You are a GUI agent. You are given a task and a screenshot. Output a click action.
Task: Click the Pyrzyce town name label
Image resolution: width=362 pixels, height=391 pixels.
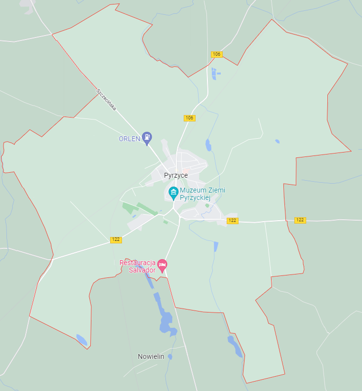(x=176, y=175)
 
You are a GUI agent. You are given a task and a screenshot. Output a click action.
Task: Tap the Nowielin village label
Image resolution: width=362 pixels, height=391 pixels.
(x=151, y=356)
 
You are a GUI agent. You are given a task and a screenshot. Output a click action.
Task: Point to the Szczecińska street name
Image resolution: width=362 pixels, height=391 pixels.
(x=106, y=99)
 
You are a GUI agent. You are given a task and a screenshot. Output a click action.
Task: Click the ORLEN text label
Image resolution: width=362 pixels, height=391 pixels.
(x=129, y=139)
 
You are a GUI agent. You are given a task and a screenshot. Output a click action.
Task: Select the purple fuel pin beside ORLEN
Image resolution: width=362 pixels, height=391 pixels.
(x=147, y=138)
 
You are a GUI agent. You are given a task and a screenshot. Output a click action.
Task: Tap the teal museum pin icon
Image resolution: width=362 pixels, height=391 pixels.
(x=173, y=193)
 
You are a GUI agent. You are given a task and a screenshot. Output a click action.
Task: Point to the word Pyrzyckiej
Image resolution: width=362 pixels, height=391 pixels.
(x=196, y=197)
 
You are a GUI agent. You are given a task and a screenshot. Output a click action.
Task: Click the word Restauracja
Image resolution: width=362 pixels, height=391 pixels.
(x=137, y=263)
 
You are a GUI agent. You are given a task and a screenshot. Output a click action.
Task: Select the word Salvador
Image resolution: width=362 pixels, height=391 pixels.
(x=142, y=270)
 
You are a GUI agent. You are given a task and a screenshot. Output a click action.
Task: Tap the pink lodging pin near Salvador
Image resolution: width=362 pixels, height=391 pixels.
(x=162, y=266)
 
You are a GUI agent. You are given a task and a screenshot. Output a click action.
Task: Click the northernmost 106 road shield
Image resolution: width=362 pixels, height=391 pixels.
(x=216, y=54)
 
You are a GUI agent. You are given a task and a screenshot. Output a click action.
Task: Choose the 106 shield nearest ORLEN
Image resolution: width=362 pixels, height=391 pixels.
(x=190, y=118)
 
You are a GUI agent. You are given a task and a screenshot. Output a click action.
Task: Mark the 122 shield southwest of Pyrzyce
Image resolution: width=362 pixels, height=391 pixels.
(x=116, y=240)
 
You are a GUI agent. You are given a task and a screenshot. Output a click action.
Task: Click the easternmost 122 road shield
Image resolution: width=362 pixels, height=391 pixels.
(x=300, y=220)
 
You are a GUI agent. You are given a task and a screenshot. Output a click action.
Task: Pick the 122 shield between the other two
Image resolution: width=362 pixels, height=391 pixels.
(x=233, y=221)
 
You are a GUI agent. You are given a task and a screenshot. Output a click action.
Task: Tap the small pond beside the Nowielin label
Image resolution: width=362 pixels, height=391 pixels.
(x=170, y=356)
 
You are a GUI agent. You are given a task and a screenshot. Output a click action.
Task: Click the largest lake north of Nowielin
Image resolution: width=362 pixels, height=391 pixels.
(x=166, y=323)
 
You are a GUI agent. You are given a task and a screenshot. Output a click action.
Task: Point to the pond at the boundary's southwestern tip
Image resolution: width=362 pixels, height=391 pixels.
(x=81, y=340)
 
